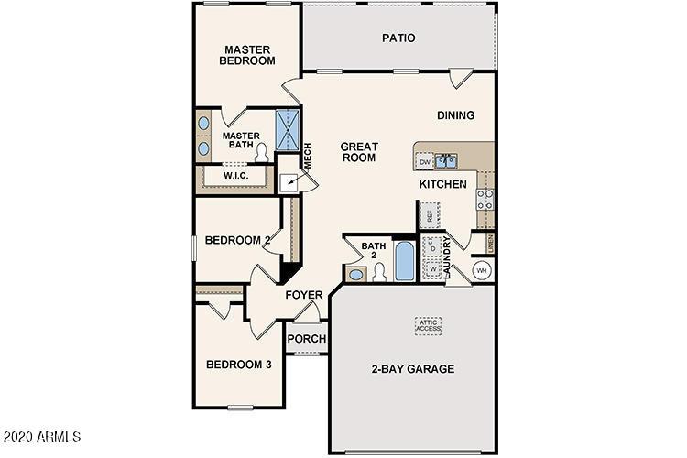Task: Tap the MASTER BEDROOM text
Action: pyautogui.click(x=248, y=54)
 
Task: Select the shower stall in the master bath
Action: pyautogui.click(x=288, y=130)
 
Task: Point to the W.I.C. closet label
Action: pyautogui.click(x=235, y=175)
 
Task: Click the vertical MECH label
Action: pyautogui.click(x=308, y=156)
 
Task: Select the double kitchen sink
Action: pyautogui.click(x=447, y=162)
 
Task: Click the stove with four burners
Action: pyautogui.click(x=485, y=199)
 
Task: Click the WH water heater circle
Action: pyautogui.click(x=483, y=271)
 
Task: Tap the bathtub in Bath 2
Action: pyautogui.click(x=404, y=261)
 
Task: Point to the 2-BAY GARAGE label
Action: pyautogui.click(x=412, y=369)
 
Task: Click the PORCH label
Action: pyautogui.click(x=307, y=339)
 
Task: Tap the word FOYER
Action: pyautogui.click(x=303, y=295)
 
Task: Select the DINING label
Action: pyautogui.click(x=455, y=115)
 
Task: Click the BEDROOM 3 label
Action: pyautogui.click(x=238, y=364)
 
